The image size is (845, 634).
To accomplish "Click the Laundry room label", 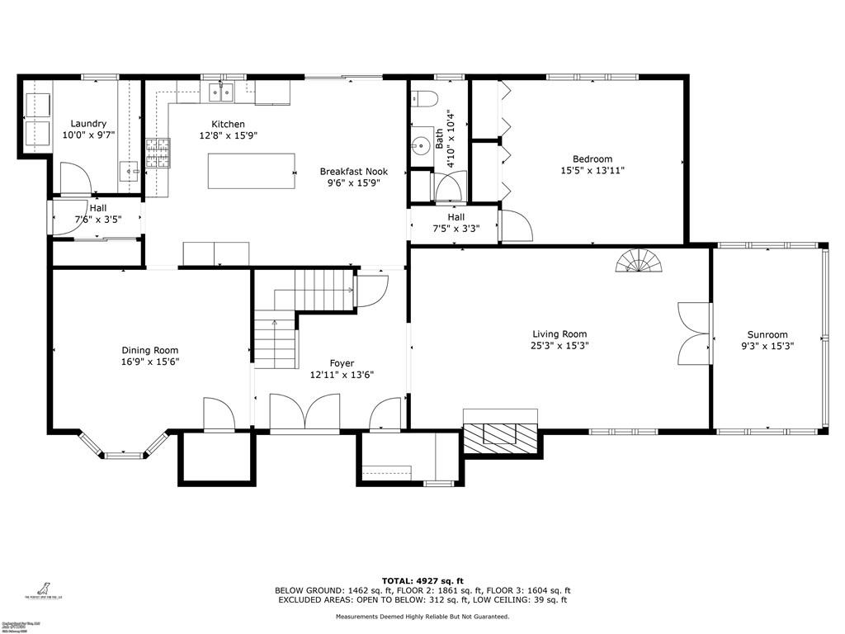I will coord(88,124).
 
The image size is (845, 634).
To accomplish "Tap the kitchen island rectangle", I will coord(251,171).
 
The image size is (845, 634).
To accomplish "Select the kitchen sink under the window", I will coord(221,92).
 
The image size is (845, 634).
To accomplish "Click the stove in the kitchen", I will coord(157,153).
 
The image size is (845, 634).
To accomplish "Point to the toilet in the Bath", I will coord(423,99).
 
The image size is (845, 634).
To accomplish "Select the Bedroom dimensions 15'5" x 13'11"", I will coord(592,171).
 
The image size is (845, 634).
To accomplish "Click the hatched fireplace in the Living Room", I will coord(500,435).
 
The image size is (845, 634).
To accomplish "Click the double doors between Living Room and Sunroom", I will coord(693,334).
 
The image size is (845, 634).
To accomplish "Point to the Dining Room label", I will coord(150,350).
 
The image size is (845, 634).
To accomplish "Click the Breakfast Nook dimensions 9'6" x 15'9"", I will coord(353,183).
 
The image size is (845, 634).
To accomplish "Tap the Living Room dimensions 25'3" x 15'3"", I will coord(559,346).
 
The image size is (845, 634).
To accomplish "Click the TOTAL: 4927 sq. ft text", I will coord(422,580).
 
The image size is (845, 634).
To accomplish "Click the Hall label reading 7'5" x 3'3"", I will coord(456,229).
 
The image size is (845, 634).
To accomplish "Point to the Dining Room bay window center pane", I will coord(125,453).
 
